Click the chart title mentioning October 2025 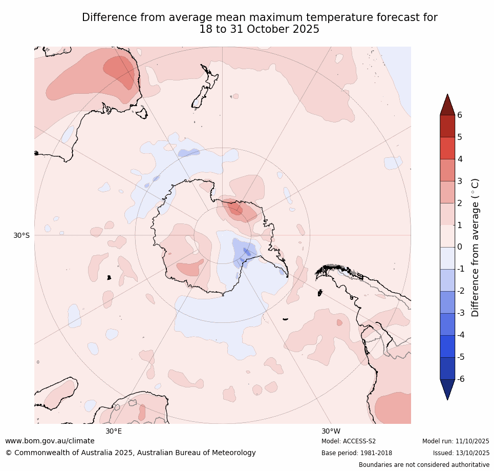260,24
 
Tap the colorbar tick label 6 460,115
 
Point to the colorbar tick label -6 461,379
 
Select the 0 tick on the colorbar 460,247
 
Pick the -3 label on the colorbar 461,313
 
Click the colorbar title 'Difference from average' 476,247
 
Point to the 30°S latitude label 22,235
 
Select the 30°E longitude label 114,431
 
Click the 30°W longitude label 331,431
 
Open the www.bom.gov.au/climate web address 50,441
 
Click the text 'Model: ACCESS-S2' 349,441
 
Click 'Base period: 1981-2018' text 357,453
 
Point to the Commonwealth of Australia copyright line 131,453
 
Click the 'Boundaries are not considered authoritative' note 424,465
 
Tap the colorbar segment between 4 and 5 447,148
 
